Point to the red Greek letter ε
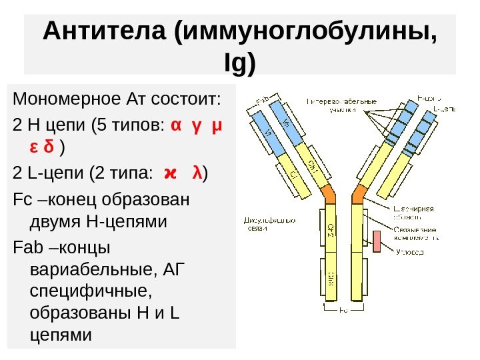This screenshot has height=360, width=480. click(33, 145)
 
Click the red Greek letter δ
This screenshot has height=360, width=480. click(49, 145)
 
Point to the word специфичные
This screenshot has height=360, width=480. click(81, 291)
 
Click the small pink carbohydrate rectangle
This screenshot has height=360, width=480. click(377, 241)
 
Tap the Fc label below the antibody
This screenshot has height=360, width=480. click(344, 310)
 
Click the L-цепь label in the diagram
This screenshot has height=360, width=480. click(444, 107)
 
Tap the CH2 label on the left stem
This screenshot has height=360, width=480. click(330, 230)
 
